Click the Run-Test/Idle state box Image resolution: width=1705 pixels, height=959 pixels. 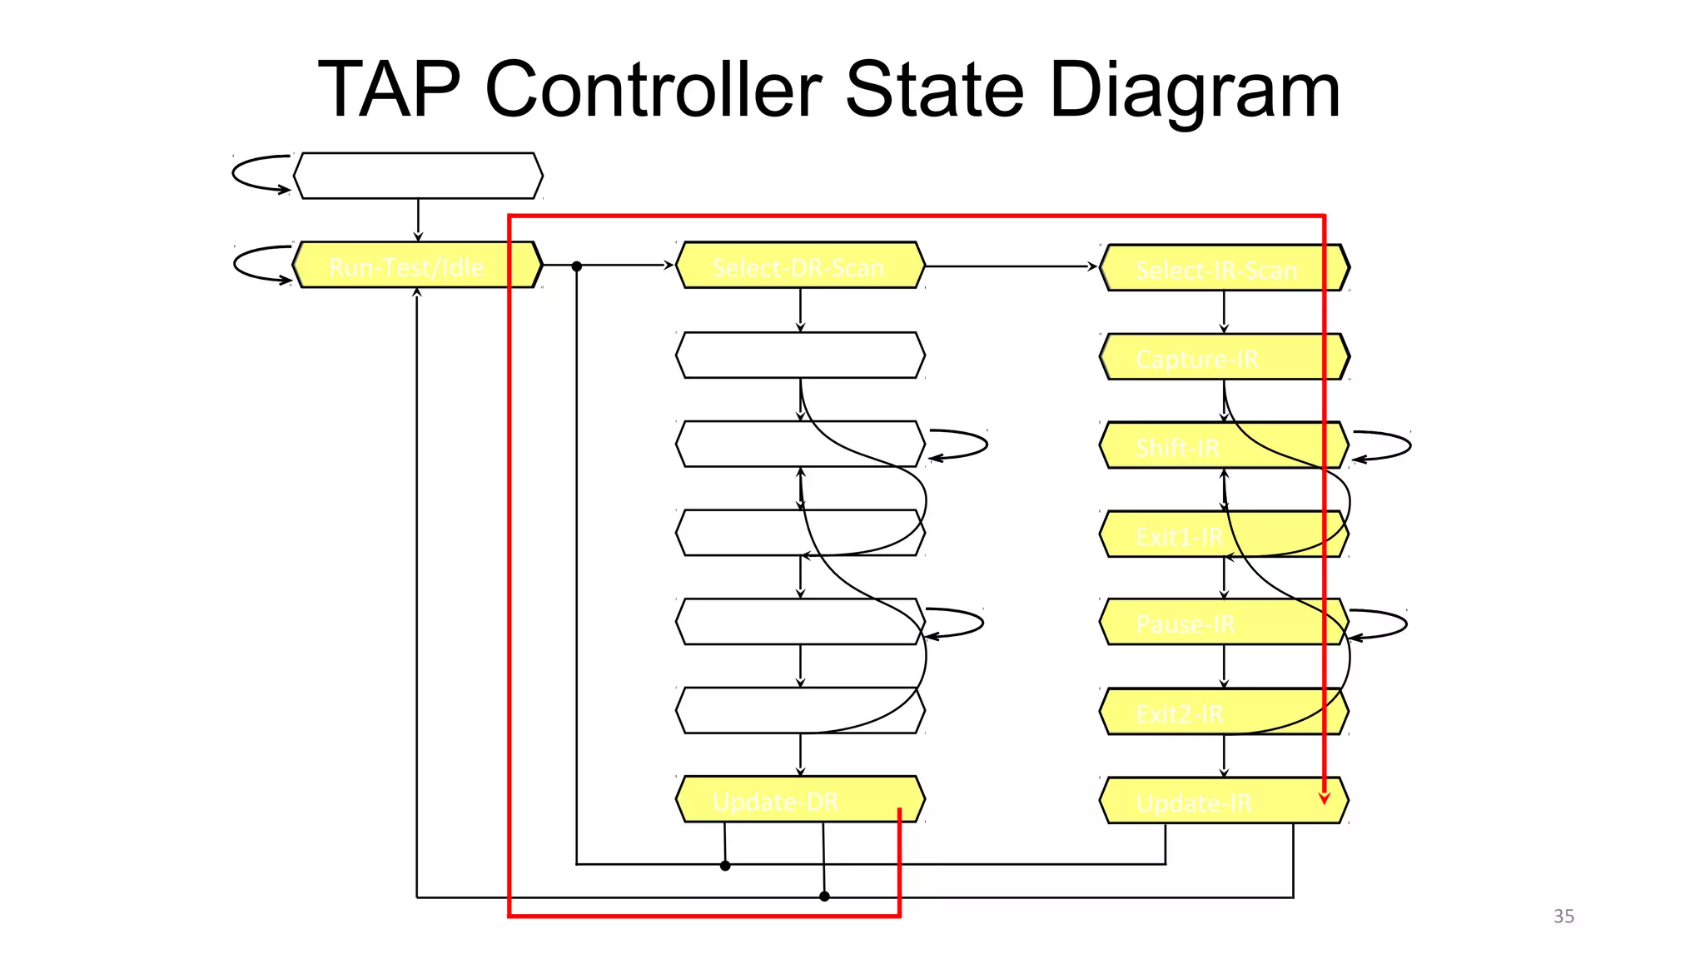417,266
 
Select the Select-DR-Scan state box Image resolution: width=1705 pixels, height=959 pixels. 799,266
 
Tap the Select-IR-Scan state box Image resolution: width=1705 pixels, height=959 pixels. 1224,268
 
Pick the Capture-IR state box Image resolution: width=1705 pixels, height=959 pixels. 1224,357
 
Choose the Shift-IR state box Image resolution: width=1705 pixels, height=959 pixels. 1224,445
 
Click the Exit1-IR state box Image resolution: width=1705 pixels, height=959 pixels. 1224,534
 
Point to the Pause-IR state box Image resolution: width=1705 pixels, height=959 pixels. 1224,622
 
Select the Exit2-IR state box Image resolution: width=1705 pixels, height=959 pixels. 1224,712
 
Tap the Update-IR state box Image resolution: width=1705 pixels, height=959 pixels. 1224,801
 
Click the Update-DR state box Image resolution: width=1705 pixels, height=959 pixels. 799,800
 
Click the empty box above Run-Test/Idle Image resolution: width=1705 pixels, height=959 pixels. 417,176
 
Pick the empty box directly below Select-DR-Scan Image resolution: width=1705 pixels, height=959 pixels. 799,355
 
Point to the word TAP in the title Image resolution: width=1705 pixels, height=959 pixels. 389,89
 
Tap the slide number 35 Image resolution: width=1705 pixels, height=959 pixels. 1563,917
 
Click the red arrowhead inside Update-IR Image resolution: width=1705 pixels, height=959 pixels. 1324,798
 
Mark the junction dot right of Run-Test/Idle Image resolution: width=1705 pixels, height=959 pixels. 576,266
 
